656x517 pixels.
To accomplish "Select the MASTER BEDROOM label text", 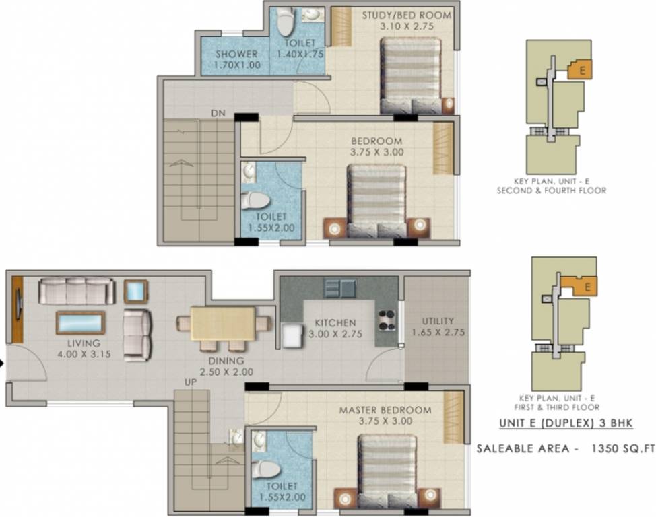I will [x=385, y=410].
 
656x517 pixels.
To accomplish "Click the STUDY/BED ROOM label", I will [x=406, y=15].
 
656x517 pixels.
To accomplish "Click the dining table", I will [x=223, y=323].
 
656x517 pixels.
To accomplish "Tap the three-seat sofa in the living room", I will [x=77, y=291].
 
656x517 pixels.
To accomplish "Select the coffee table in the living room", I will [x=80, y=323].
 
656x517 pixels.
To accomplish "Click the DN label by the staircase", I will [x=216, y=114].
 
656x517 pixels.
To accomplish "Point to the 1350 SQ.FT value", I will [x=619, y=447].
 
